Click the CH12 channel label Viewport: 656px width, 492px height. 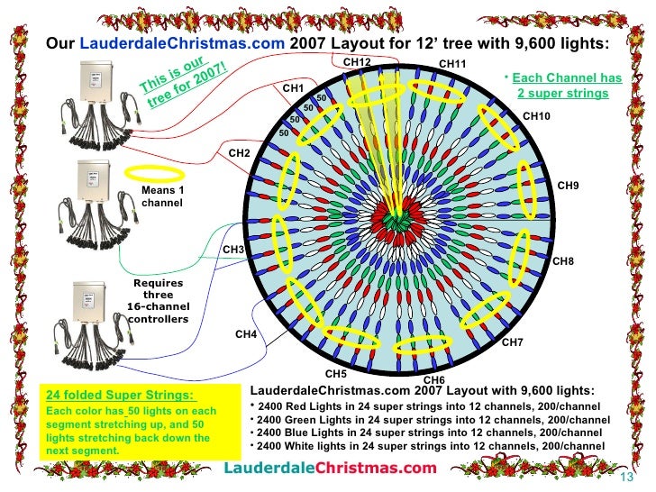[357, 61]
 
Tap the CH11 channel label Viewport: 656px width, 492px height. [451, 64]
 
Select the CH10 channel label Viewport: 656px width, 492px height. [536, 116]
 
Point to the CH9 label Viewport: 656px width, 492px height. [568, 186]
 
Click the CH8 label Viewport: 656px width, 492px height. [562, 261]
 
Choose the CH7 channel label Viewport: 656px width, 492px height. [513, 342]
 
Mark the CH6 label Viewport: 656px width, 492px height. [433, 380]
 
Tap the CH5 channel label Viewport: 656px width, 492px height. [336, 373]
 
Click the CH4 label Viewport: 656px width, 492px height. [246, 334]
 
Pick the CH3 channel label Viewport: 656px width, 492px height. [233, 249]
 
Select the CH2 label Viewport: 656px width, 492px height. [239, 153]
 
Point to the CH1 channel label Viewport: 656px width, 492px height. [293, 88]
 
